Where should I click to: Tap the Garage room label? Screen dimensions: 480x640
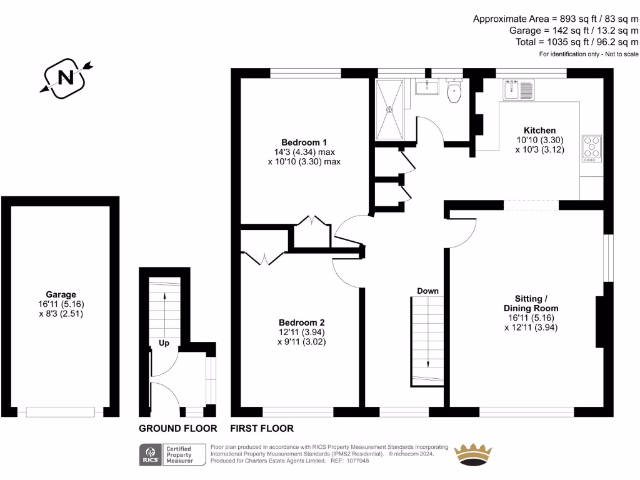tap(61, 294)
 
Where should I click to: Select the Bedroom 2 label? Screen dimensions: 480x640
tap(301, 322)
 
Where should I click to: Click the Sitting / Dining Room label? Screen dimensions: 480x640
tap(531, 303)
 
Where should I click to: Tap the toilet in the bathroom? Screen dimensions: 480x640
tap(454, 92)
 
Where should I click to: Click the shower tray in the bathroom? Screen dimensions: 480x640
tap(391, 109)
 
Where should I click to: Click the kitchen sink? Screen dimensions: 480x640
tap(517, 90)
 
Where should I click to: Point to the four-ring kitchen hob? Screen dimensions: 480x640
tap(591, 148)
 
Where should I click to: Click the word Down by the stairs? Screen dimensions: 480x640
tap(427, 291)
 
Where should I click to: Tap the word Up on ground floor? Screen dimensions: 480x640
tap(164, 342)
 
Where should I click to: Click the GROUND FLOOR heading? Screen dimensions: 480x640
tap(177, 429)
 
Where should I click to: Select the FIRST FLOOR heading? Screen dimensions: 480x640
tap(262, 429)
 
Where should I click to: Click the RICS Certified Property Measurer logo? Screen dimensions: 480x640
tap(173, 454)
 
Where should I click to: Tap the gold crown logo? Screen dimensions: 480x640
tap(472, 455)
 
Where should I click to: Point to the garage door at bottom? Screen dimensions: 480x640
tap(61, 412)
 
